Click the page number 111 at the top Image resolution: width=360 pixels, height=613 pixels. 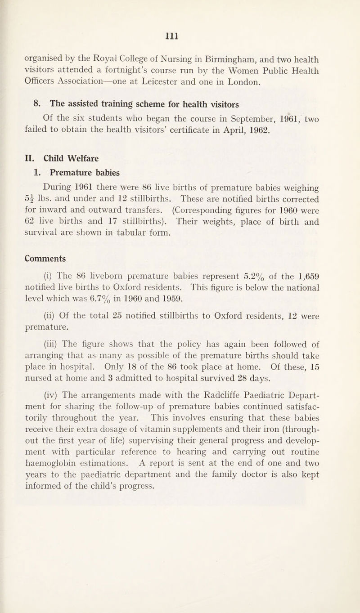(180, 34)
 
